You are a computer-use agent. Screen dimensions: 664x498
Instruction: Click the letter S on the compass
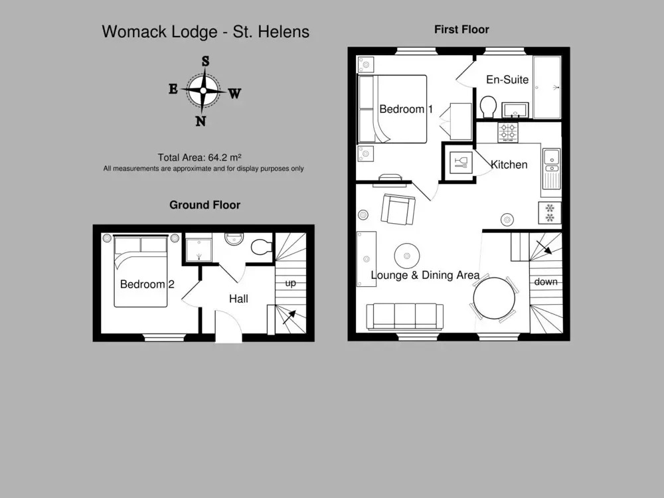[205, 61]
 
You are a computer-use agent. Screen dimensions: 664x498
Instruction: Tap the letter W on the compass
[234, 93]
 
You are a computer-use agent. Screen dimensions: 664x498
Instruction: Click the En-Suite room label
[507, 80]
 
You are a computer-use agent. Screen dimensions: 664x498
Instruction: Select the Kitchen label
[509, 164]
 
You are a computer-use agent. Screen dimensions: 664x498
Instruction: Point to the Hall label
[238, 299]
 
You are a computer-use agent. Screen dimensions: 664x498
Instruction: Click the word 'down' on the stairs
[545, 282]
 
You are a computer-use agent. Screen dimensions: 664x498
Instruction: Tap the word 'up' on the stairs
[290, 284]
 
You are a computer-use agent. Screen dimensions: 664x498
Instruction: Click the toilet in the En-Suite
[488, 107]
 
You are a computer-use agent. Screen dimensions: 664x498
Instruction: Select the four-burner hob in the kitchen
[507, 132]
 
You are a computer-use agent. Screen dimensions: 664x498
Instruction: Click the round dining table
[494, 298]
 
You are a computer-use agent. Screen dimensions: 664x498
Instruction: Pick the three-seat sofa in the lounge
[404, 316]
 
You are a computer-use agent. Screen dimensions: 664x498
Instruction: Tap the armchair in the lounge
[398, 209]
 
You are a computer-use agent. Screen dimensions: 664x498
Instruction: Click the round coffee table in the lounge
[407, 256]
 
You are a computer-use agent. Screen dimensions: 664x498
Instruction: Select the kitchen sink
[551, 168]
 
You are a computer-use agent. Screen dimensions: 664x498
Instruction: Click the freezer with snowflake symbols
[550, 212]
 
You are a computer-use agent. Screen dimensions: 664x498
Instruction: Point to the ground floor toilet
[261, 247]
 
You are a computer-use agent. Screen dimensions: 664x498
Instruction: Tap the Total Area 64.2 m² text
[199, 157]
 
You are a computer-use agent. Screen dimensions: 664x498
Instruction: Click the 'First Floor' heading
[461, 30]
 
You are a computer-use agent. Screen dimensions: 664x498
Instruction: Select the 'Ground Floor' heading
[205, 205]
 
